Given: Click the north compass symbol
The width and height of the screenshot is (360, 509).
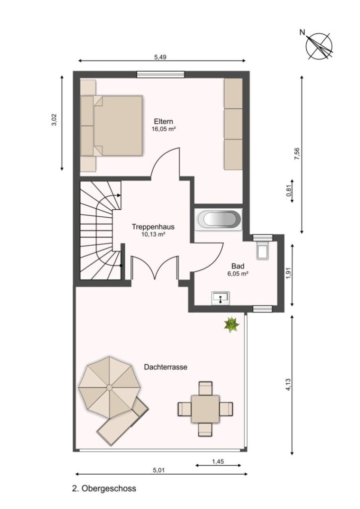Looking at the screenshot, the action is pyautogui.click(x=319, y=46).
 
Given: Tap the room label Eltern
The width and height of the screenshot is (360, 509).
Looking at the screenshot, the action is pyautogui.click(x=163, y=121).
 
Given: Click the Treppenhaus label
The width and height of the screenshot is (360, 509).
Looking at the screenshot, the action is pyautogui.click(x=153, y=227).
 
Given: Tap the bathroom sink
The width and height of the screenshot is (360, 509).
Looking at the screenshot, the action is pyautogui.click(x=220, y=298).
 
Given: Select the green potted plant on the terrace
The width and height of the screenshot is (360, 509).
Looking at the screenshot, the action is pyautogui.click(x=231, y=325).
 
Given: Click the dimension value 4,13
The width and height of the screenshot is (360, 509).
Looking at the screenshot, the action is pyautogui.click(x=288, y=385).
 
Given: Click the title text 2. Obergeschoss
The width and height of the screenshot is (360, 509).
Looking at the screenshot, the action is pyautogui.click(x=104, y=488).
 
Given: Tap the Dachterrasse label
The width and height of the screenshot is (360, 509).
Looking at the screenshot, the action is pyautogui.click(x=166, y=367).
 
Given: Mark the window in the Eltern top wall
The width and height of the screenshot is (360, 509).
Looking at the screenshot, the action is pyautogui.click(x=161, y=75).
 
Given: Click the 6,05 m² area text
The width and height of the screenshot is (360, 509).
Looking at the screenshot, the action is pyautogui.click(x=238, y=274).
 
